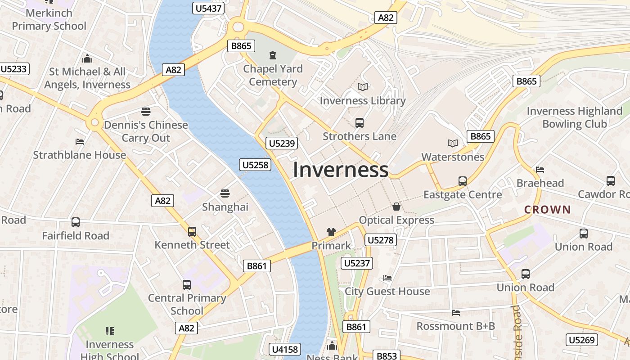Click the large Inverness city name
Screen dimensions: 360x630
point(341,170)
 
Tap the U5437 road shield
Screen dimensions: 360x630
point(208,8)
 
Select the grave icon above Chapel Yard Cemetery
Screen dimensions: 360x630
point(272,55)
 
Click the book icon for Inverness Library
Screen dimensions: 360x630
point(362,87)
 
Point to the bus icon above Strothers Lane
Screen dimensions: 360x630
point(359,122)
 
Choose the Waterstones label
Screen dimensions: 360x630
point(453,157)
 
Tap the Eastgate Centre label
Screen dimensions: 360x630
point(463,194)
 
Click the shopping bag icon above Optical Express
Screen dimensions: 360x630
point(396,207)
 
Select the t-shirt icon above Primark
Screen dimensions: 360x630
point(331,232)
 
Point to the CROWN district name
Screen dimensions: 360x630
point(547,209)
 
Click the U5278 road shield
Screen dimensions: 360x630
point(381,240)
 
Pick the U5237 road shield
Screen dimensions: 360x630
point(357,263)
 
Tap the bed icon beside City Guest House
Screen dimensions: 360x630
point(387,278)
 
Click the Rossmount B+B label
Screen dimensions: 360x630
point(455,326)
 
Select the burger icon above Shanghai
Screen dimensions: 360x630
point(225,193)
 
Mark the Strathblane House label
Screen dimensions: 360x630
point(80,155)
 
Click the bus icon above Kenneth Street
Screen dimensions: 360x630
point(192,231)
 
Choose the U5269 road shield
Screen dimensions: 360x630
point(582,340)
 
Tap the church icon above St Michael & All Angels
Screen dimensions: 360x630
point(87,58)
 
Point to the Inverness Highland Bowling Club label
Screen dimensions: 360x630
point(574,117)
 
